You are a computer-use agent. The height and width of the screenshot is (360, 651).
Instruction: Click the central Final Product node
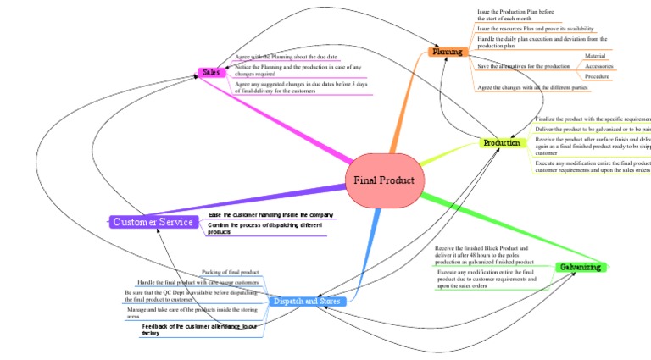[384, 180]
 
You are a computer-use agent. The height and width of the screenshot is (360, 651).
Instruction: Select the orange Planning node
[447, 53]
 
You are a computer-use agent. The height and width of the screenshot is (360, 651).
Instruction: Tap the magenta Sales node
[211, 73]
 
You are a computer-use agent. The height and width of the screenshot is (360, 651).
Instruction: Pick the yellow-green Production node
[501, 143]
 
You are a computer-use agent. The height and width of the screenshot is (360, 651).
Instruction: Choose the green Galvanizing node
[580, 267]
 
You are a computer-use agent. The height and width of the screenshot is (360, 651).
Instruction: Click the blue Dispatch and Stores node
[307, 301]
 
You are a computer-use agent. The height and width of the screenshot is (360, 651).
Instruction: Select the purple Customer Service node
[153, 222]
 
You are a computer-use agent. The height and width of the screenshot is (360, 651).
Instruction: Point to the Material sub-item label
[595, 56]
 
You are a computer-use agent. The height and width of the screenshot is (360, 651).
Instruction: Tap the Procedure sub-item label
[597, 76]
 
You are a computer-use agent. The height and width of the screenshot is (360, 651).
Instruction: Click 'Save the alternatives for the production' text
[523, 66]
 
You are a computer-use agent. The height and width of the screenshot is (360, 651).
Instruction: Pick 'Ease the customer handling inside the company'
[270, 215]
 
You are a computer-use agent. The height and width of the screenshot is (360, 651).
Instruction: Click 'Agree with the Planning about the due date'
[286, 56]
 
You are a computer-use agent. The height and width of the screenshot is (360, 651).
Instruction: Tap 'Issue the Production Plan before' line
[515, 12]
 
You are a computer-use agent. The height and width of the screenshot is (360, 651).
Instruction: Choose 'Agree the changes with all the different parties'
[532, 87]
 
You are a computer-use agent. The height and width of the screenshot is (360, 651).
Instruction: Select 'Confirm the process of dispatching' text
[264, 226]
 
